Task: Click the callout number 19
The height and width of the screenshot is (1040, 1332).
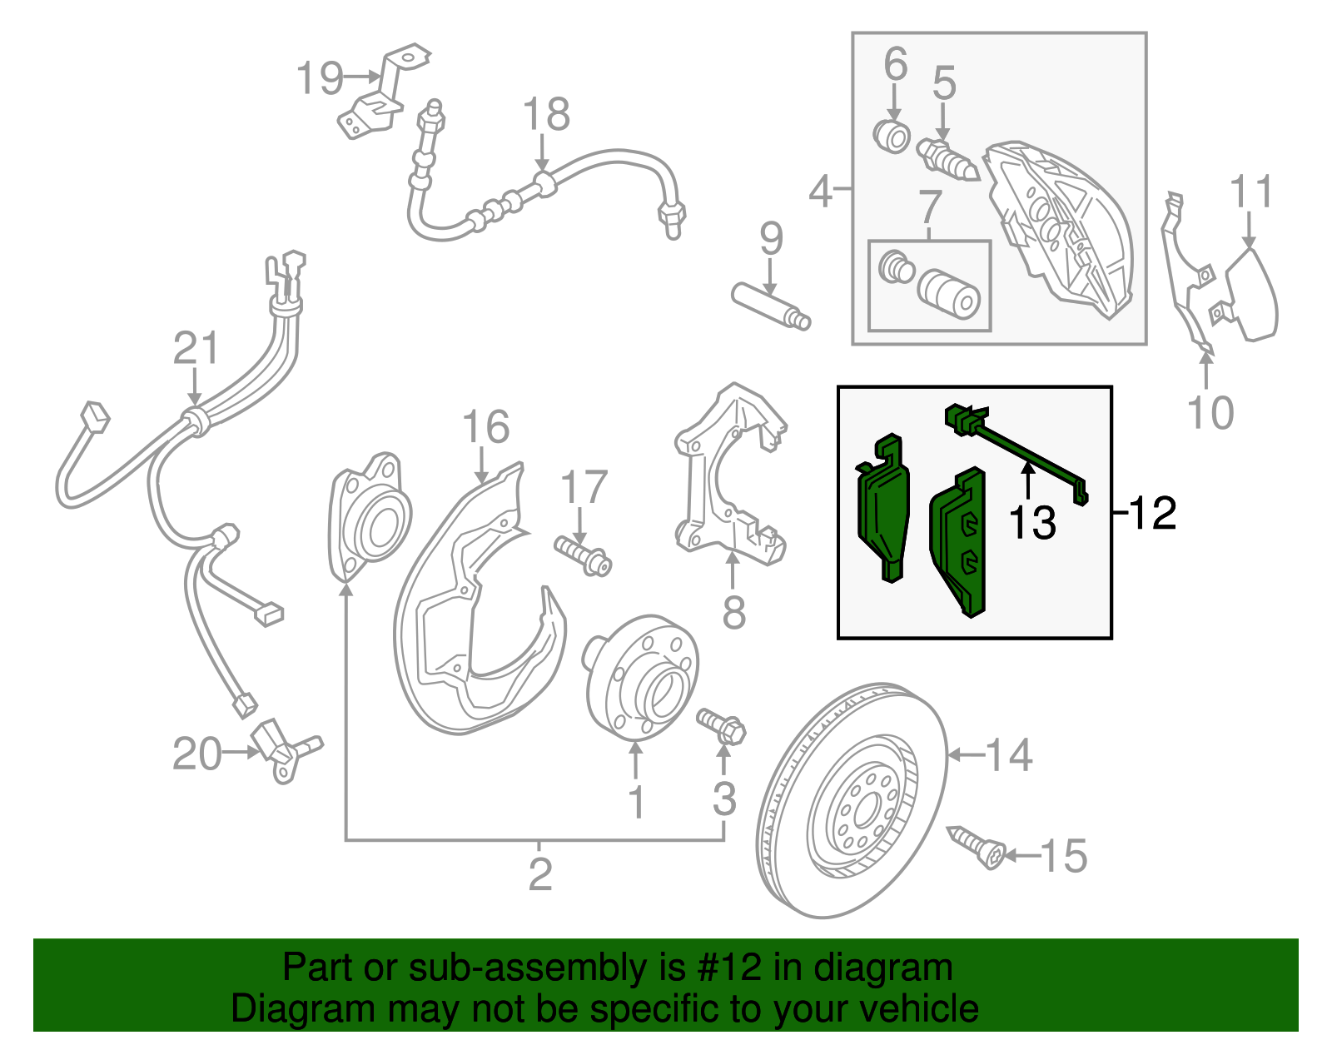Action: tap(320, 78)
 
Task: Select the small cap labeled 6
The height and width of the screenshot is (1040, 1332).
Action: tap(892, 136)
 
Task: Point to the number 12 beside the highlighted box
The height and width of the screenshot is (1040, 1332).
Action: tap(1153, 513)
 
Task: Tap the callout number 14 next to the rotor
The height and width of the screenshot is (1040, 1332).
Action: tap(1009, 754)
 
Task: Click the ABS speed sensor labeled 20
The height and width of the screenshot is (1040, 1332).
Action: tap(283, 749)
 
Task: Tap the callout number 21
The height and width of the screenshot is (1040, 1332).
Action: tap(196, 348)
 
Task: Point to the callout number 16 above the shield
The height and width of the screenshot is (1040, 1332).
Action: tap(485, 427)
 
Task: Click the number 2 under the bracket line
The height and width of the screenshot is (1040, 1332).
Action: tap(540, 874)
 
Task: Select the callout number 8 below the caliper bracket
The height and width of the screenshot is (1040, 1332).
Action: tap(733, 613)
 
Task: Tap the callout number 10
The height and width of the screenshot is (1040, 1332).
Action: tap(1210, 412)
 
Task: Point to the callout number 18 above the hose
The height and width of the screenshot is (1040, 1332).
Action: tap(546, 115)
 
